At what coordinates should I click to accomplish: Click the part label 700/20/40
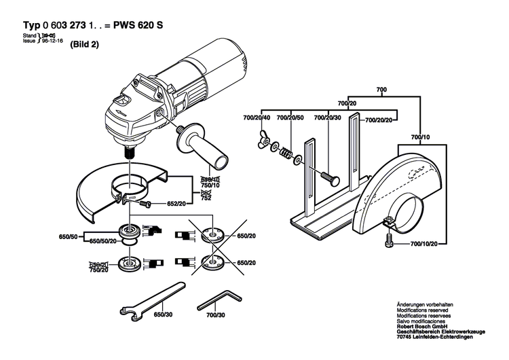[x=257, y=119]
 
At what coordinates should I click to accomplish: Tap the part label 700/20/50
[x=293, y=119]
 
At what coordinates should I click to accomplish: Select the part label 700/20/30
[x=328, y=119]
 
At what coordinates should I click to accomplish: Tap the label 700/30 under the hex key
[x=216, y=315]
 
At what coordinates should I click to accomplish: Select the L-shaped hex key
[x=216, y=296]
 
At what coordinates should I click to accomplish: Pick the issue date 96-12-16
[x=52, y=40]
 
